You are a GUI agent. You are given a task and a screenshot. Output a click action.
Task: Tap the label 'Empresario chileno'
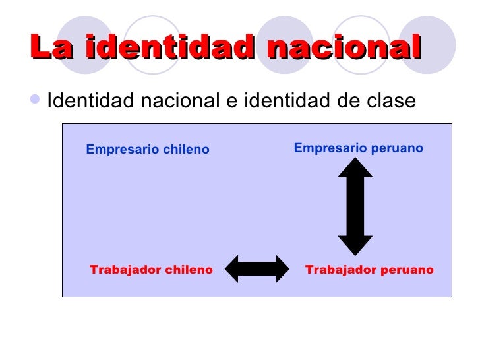pos(148,150)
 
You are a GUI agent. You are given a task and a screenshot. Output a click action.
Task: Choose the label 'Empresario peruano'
pos(358,148)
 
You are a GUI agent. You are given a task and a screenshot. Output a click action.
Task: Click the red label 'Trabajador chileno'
pos(151,270)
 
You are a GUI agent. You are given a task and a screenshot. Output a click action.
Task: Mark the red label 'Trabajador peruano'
pos(369,270)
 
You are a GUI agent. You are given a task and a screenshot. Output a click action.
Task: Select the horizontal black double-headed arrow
pos(257,268)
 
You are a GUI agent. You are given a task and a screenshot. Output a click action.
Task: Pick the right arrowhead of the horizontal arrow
pos(282,268)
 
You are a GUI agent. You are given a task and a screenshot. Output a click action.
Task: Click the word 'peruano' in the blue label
pos(398,148)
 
